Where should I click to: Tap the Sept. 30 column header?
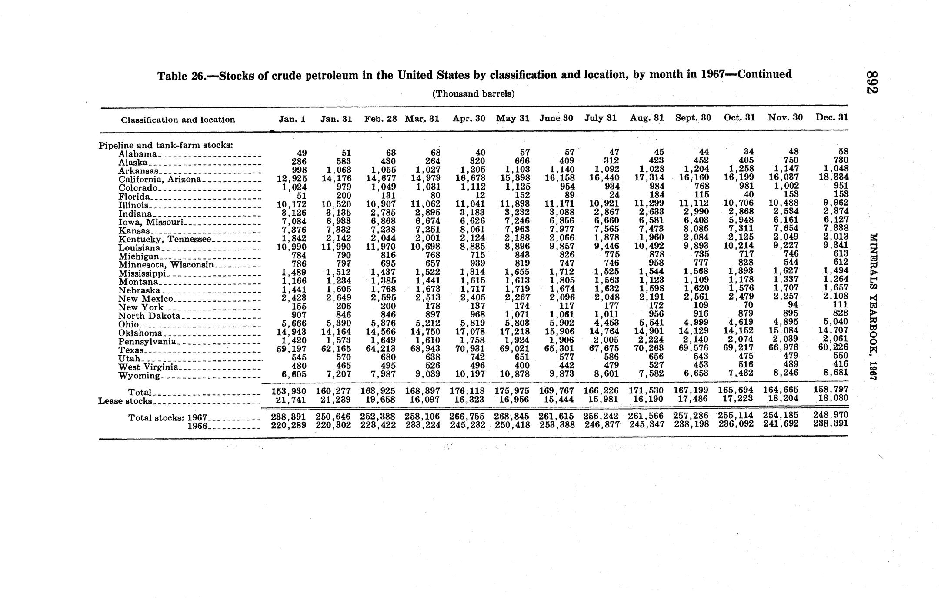click(x=693, y=117)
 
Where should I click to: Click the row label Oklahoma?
click(x=140, y=333)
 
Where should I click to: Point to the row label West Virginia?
click(x=148, y=367)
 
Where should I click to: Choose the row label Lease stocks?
click(x=125, y=401)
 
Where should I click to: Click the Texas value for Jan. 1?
click(x=288, y=349)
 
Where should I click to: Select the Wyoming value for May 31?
click(x=515, y=374)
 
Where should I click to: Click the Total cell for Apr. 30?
click(x=467, y=390)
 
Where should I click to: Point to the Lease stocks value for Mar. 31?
click(x=423, y=400)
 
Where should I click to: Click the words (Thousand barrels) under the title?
click(x=473, y=93)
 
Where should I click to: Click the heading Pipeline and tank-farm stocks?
click(x=166, y=145)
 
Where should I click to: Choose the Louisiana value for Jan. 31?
click(x=336, y=247)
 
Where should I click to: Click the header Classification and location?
click(x=178, y=120)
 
